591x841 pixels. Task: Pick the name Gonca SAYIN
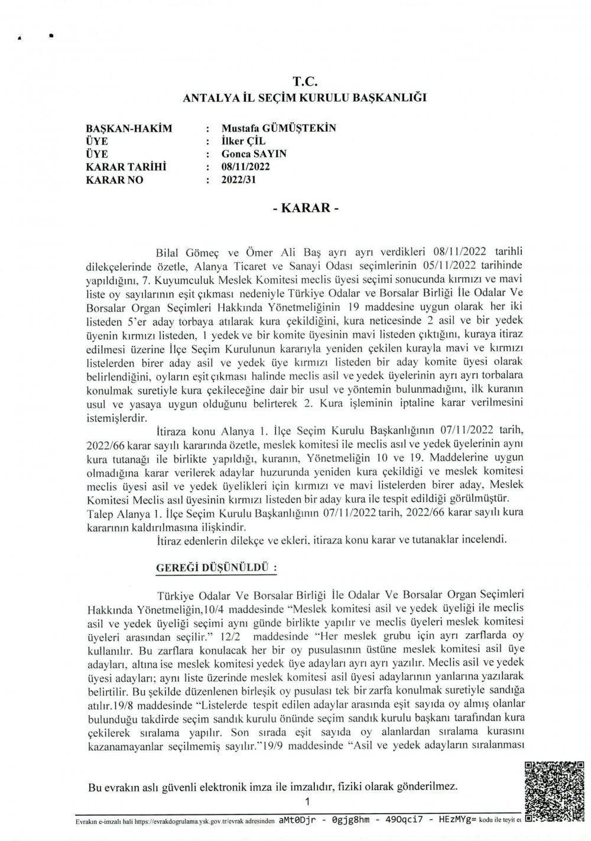pyautogui.click(x=254, y=154)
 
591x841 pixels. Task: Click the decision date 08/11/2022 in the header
pyautogui.click(x=245, y=167)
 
